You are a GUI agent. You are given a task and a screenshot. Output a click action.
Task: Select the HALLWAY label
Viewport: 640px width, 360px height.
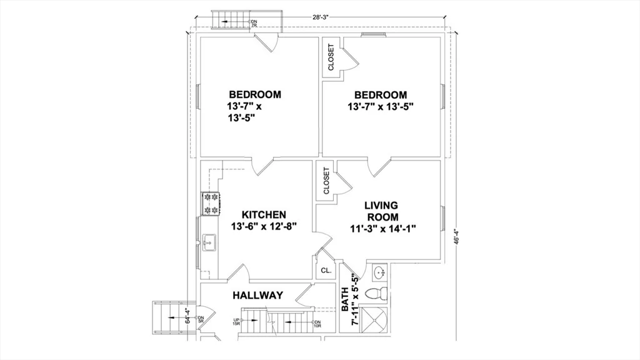(258, 295)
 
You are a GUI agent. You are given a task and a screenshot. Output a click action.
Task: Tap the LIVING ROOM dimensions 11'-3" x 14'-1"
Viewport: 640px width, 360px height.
(382, 229)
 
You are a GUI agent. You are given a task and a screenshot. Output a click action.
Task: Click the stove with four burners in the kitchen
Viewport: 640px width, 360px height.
(210, 203)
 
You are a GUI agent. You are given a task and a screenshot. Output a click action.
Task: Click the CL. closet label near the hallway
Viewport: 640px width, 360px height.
(326, 271)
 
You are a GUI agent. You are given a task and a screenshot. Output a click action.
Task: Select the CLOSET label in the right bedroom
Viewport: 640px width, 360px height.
(331, 56)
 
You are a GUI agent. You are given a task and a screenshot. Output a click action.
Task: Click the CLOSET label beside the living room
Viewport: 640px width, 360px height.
(326, 181)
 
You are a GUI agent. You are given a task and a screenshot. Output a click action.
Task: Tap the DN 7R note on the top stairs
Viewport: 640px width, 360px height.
(254, 24)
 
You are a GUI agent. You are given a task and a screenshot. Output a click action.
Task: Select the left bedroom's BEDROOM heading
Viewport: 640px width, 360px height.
(254, 94)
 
